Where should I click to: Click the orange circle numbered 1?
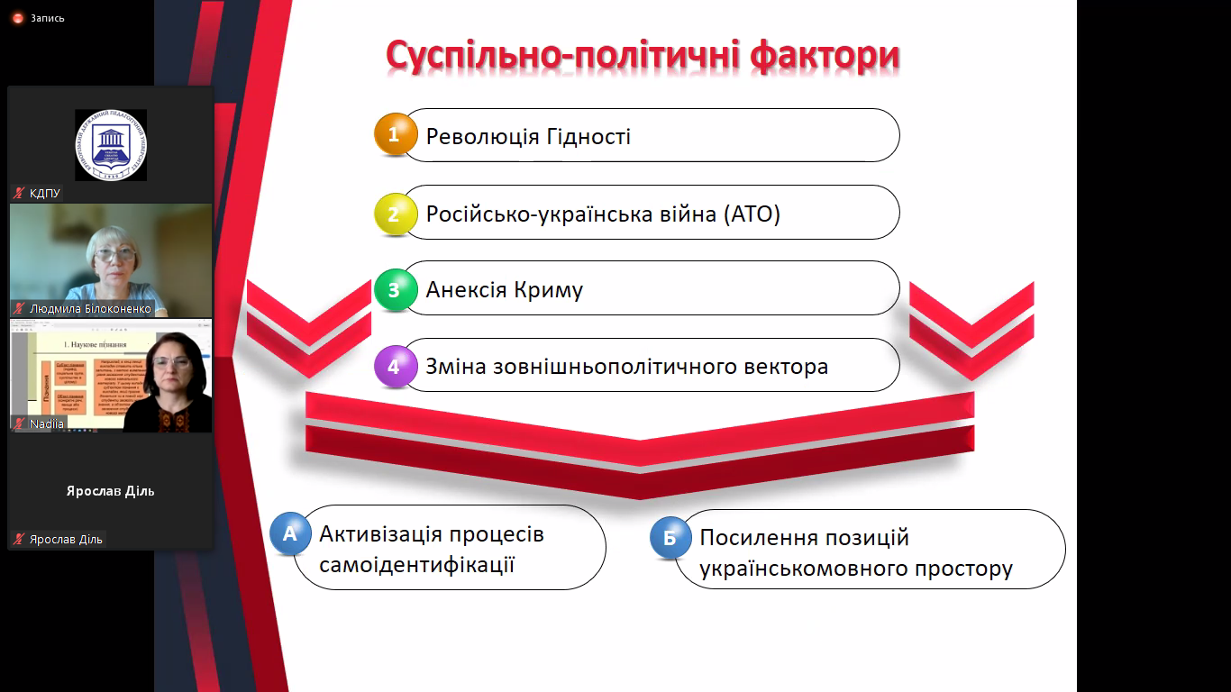pos(395,134)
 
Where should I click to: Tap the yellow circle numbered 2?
pos(395,214)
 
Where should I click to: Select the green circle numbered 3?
pos(395,290)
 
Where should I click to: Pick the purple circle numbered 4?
pos(395,367)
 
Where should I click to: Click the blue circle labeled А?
pos(290,533)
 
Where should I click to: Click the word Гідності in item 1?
pos(588,137)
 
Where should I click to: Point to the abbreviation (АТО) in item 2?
pos(752,214)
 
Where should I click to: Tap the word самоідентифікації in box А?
pos(416,565)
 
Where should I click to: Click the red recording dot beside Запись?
pos(17,18)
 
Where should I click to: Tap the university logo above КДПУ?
pos(111,145)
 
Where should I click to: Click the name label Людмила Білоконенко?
pos(89,308)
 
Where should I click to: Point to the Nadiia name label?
pos(47,423)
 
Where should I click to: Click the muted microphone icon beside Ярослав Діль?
pos(19,539)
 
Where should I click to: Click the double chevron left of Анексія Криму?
pos(309,329)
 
